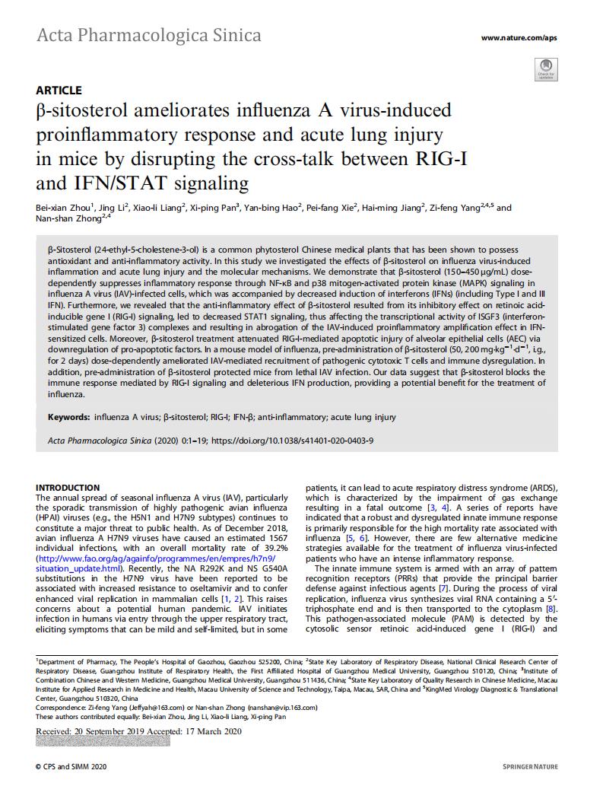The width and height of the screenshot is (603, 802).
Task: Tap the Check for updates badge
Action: pyautogui.click(x=546, y=72)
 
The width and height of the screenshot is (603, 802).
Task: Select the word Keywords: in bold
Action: pyautogui.click(x=69, y=417)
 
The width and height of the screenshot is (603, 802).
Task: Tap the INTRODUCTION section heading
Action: pyautogui.click(x=68, y=488)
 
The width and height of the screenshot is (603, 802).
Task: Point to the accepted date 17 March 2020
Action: pyautogui.click(x=212, y=731)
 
